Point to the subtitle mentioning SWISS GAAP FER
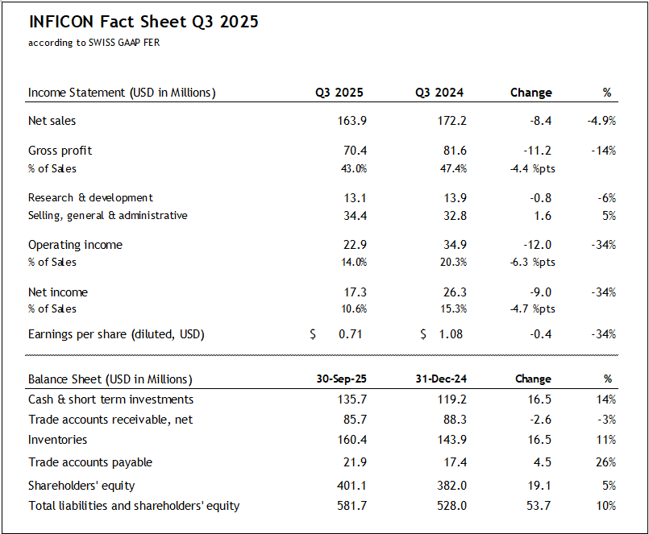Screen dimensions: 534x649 pos(94,43)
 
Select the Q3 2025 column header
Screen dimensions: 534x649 pos(339,93)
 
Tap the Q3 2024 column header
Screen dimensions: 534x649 pos(440,93)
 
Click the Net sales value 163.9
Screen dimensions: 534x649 pos(352,121)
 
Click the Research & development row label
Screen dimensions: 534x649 pos(90,197)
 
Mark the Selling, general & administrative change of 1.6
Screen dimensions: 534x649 pos(543,215)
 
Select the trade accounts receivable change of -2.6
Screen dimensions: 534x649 pos(541,420)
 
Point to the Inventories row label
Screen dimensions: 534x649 pos(58,440)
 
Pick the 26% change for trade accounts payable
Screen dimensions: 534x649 pos(606,462)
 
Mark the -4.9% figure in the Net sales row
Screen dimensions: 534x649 pos(601,121)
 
